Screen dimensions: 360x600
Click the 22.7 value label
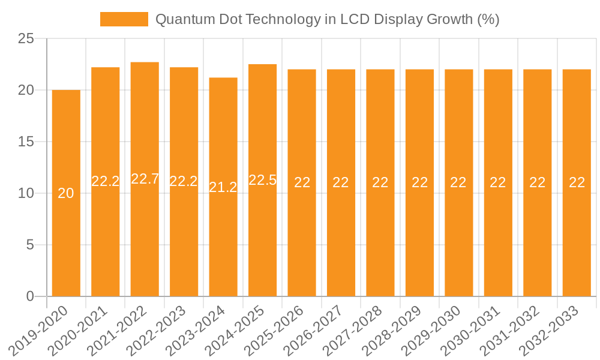coord(145,179)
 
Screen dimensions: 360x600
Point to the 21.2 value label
coord(223,187)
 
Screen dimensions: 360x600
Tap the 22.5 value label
coord(262,180)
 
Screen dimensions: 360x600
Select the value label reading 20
coord(66,193)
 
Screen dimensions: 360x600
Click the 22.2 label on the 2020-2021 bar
coord(106,181)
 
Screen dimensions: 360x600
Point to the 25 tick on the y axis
coord(26,39)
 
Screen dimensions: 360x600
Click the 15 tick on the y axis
coord(26,142)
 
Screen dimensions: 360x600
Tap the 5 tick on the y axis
coord(31,245)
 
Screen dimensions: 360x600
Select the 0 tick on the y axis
coord(31,296)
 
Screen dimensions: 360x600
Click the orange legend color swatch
coord(124,19)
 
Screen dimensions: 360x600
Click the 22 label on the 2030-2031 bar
coord(498,182)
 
